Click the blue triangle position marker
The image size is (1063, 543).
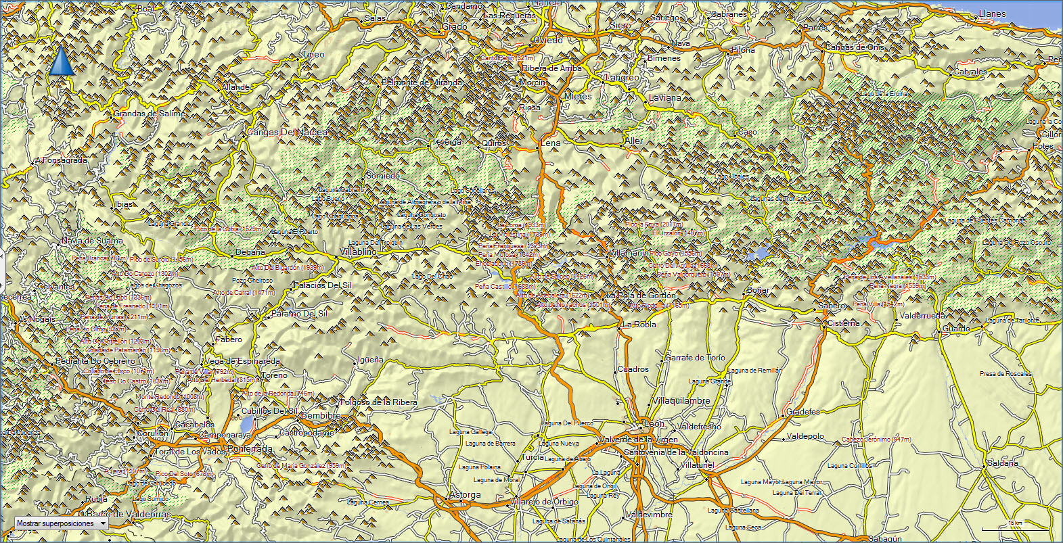pyautogui.click(x=62, y=61)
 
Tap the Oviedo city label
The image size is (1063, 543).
pyautogui.click(x=548, y=41)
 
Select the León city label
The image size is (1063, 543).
pyautogui.click(x=654, y=423)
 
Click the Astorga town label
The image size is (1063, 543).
pyautogui.click(x=466, y=495)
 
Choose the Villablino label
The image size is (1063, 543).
pyautogui.click(x=359, y=252)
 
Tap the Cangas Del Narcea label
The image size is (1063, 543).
pyautogui.click(x=287, y=133)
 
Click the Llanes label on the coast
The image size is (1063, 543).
pyautogui.click(x=993, y=14)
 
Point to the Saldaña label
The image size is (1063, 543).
pyautogui.click(x=1002, y=463)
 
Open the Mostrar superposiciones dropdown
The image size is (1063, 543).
pyautogui.click(x=62, y=523)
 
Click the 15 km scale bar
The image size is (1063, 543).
pyautogui.click(x=1015, y=526)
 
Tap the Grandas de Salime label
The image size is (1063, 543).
pyautogui.click(x=149, y=114)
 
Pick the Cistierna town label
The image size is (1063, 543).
pyautogui.click(x=843, y=323)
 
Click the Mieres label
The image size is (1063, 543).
pyautogui.click(x=578, y=97)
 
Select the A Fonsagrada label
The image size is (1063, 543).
pyautogui.click(x=62, y=161)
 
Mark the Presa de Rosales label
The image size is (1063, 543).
pyautogui.click(x=1005, y=374)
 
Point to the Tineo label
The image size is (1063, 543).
pyautogui.click(x=313, y=55)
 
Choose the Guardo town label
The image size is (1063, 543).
pyautogui.click(x=956, y=329)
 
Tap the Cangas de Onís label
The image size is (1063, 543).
pyautogui.click(x=855, y=48)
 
